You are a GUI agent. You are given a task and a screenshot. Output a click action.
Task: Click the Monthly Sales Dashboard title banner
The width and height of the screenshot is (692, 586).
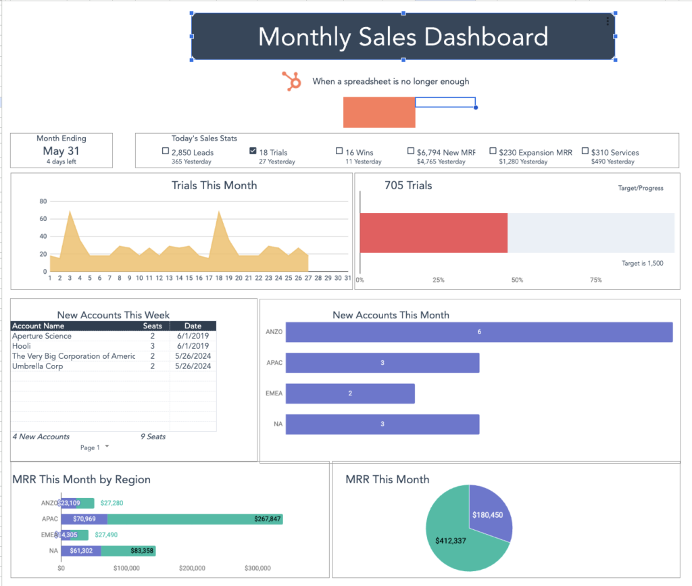point(403,36)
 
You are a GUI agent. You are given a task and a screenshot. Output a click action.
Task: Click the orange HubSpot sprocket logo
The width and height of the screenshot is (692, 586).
point(292,81)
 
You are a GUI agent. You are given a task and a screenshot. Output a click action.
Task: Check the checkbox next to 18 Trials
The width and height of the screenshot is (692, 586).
point(253,151)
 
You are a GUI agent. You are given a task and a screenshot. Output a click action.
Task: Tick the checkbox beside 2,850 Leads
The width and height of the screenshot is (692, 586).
point(166,151)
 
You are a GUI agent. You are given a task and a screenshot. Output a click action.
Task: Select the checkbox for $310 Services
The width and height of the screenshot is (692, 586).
point(585,151)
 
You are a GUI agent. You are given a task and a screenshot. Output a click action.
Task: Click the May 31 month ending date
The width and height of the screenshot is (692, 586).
point(61,151)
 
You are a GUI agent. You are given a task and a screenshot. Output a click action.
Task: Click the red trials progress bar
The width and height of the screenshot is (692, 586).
point(433,233)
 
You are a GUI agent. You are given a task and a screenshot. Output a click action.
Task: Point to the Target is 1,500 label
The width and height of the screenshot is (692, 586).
point(642,263)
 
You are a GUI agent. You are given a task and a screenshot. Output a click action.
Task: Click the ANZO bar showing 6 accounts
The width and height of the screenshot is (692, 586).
point(479,332)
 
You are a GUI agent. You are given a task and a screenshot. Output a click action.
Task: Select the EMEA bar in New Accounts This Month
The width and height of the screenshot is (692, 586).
point(350,393)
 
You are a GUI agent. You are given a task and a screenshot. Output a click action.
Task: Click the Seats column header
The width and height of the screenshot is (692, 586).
point(152,326)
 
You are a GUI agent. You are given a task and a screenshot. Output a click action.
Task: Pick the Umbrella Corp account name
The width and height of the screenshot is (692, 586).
point(37,366)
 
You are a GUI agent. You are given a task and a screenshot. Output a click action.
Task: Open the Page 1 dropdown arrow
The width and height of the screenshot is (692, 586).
point(107,447)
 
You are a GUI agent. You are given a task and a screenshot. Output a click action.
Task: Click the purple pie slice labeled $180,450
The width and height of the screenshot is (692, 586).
point(490,513)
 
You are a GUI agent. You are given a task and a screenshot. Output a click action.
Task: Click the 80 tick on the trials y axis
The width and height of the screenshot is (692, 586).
point(43,201)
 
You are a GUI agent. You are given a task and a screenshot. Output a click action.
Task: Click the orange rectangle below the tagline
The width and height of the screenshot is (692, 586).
point(378,112)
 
